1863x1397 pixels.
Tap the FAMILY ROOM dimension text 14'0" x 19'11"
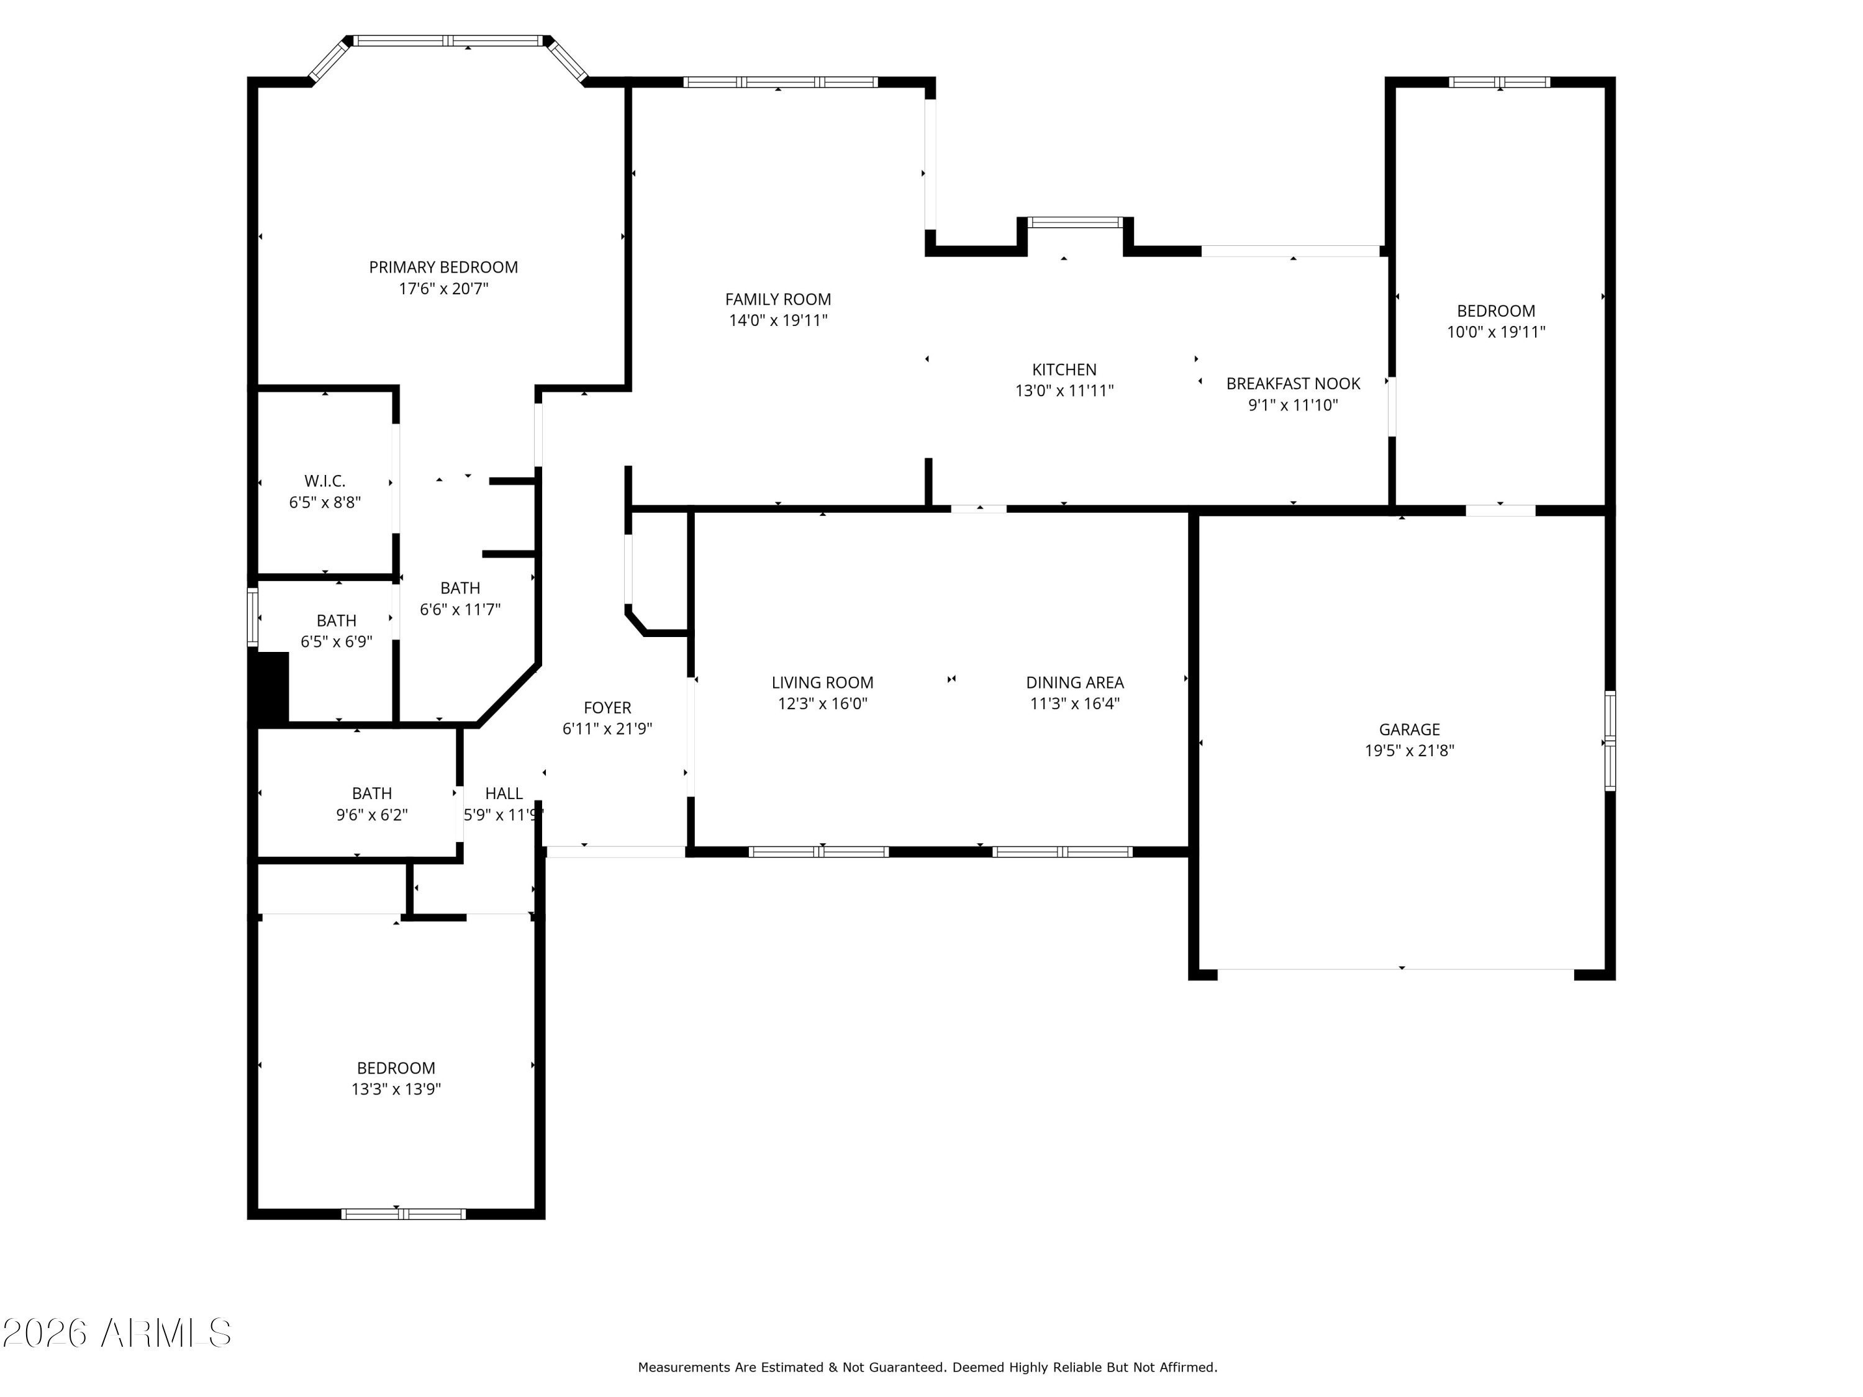pyautogui.click(x=778, y=320)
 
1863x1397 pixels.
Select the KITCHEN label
pyautogui.click(x=1064, y=369)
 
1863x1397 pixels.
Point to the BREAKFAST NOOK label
pyautogui.click(x=1293, y=384)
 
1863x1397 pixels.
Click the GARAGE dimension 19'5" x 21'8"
pyautogui.click(x=1409, y=750)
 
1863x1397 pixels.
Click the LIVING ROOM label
pyautogui.click(x=822, y=683)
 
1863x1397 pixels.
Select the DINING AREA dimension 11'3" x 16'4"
pyautogui.click(x=1075, y=703)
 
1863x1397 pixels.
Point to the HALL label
pyautogui.click(x=504, y=793)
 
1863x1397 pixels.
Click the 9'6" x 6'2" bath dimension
pyautogui.click(x=371, y=814)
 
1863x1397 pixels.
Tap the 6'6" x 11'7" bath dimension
pyautogui.click(x=460, y=609)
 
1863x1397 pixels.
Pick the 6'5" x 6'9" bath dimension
pyautogui.click(x=336, y=641)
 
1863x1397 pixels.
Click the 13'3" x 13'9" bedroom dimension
pyautogui.click(x=396, y=1089)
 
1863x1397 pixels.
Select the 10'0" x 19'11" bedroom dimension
pyautogui.click(x=1496, y=332)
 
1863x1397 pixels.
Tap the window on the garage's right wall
pyautogui.click(x=1610, y=741)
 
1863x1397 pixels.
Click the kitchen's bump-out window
pyautogui.click(x=1076, y=222)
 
